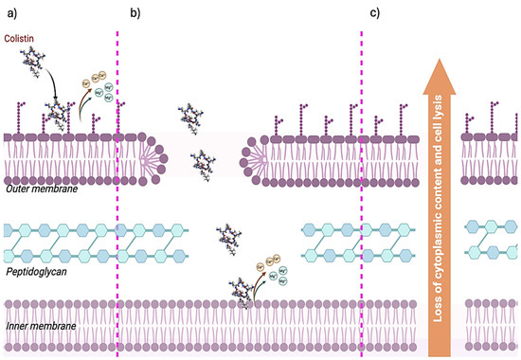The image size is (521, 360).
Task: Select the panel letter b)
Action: point(135,12)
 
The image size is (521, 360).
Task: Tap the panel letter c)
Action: point(375,12)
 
